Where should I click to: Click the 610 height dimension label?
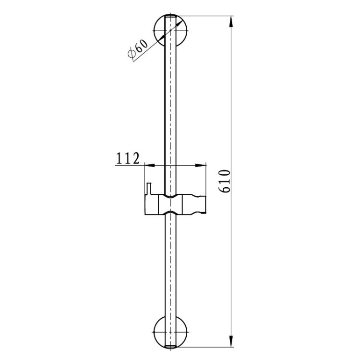[x=224, y=181]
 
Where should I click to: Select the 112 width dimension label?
[x=128, y=158]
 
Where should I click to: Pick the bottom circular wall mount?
[x=170, y=332]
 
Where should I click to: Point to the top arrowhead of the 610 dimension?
[x=231, y=22]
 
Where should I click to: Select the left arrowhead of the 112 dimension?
[x=150, y=165]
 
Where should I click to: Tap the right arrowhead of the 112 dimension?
[x=201, y=165]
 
